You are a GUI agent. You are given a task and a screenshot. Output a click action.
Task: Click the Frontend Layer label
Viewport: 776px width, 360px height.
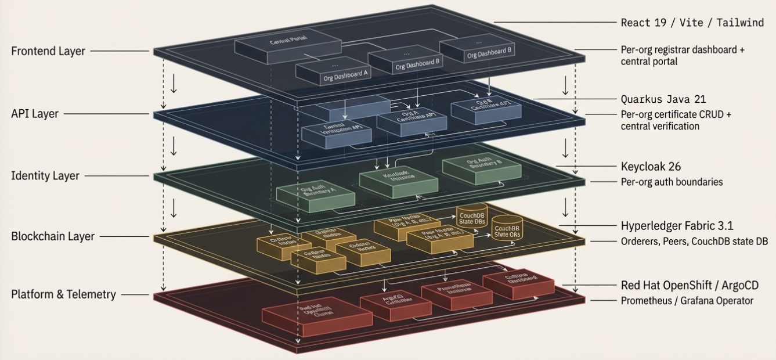click(48, 51)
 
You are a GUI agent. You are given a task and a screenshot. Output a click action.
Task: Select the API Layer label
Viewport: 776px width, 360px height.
click(35, 114)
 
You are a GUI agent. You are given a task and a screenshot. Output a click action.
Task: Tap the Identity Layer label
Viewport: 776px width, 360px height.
click(45, 175)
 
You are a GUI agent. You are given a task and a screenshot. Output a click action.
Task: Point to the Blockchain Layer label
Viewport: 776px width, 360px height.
click(53, 236)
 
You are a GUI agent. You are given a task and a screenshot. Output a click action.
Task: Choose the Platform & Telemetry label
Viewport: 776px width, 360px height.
click(64, 294)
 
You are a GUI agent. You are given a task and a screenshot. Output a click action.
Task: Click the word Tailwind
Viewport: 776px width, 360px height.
click(740, 23)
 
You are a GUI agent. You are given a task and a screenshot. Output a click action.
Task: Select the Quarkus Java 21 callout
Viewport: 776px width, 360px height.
click(663, 99)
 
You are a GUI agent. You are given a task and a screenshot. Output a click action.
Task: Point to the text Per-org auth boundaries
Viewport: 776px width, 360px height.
click(672, 182)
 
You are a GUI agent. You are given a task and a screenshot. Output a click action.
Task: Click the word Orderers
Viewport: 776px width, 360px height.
click(640, 241)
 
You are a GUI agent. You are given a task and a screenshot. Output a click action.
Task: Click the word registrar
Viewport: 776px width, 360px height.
click(670, 50)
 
